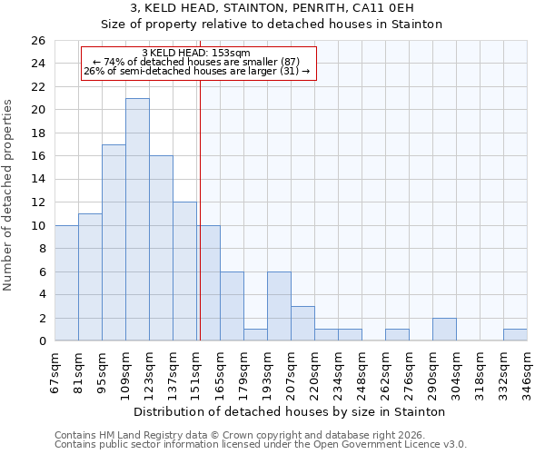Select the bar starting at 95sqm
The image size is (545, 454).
click(114, 242)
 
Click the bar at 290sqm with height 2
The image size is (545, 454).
click(444, 330)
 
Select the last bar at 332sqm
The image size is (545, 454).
click(515, 335)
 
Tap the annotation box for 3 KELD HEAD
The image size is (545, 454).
click(199, 63)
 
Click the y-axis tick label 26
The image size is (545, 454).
click(37, 41)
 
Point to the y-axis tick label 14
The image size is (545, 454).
click(37, 180)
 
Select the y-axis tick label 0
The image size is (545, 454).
click(41, 341)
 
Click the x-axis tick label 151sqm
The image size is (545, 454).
click(197, 371)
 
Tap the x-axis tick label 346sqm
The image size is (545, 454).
click(528, 371)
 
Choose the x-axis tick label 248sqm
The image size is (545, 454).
click(362, 371)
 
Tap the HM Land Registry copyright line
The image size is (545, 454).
click(244, 435)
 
